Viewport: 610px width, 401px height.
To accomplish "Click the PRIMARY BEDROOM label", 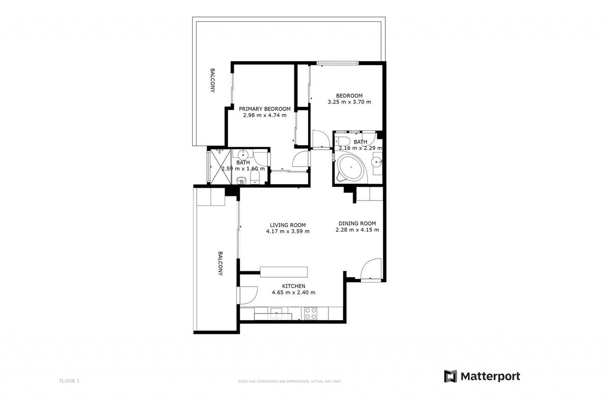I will (264, 108).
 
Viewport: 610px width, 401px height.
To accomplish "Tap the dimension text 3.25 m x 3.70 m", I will (349, 102).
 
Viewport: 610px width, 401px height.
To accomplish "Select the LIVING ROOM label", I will (287, 225).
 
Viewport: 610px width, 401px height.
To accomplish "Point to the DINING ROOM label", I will (357, 223).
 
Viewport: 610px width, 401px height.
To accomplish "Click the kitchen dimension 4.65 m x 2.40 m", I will (293, 293).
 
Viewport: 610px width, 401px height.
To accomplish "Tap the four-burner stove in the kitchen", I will (310, 313).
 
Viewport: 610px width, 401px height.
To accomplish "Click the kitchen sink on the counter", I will (277, 312).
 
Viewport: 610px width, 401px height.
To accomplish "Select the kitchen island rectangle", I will (284, 271).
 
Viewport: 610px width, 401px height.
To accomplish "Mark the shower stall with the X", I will (221, 165).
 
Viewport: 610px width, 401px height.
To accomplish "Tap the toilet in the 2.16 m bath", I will (343, 142).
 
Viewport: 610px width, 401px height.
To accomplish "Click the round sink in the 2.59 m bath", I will (243, 155).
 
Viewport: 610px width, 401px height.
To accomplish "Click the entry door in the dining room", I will (370, 269).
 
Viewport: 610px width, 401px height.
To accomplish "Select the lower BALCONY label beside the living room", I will (220, 264).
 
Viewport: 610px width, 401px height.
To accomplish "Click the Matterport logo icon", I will (450, 376).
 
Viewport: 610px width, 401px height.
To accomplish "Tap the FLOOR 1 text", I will (69, 381).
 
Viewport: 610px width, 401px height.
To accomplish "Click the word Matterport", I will (490, 376).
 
